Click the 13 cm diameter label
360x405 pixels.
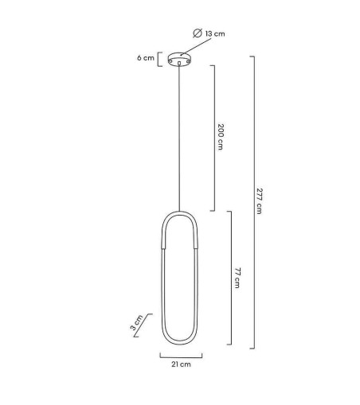215,34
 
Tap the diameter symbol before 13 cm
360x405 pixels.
198,33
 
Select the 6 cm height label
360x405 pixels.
146,58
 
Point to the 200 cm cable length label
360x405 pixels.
221,137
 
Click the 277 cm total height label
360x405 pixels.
259,201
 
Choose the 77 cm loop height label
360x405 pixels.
237,278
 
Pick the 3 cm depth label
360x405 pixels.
136,322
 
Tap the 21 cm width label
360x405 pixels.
181,364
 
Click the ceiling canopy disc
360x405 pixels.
180,59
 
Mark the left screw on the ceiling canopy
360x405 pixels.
170,61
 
